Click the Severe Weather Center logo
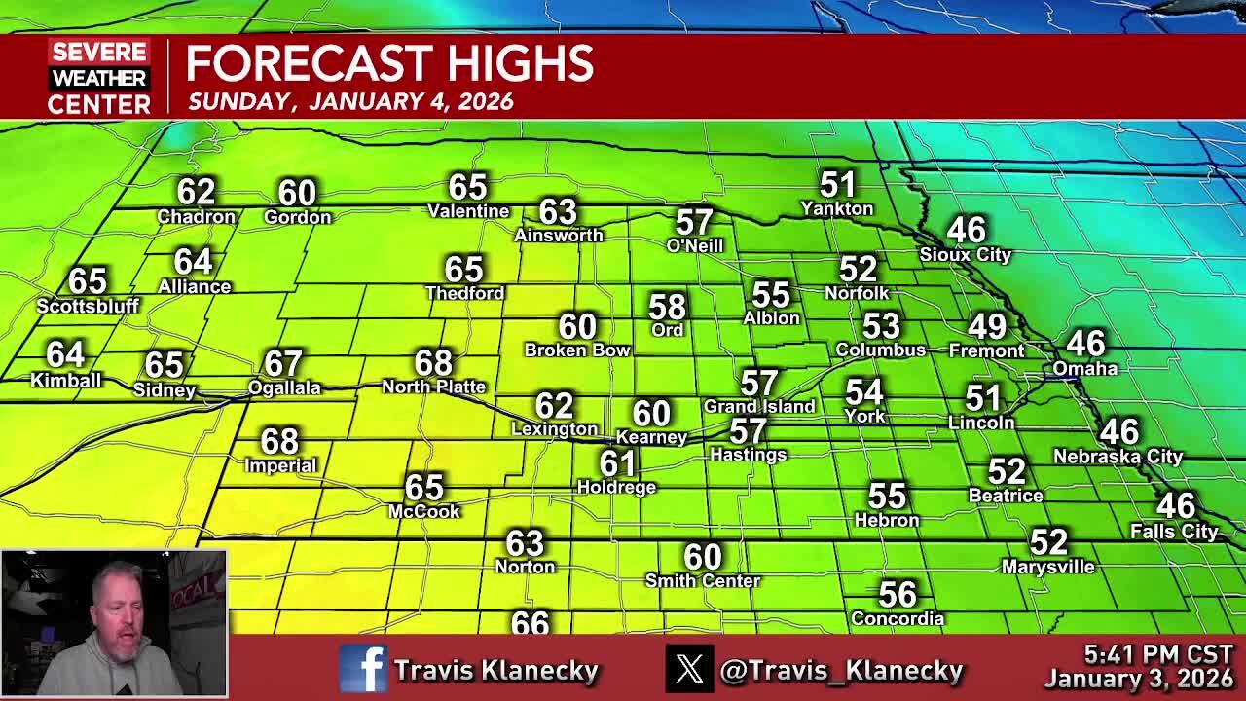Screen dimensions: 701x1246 pos(99,78)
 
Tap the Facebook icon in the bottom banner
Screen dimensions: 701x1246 pos(363,669)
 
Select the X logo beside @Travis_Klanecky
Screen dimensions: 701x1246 pos(689,669)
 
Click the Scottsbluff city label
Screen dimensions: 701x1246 pos(88,306)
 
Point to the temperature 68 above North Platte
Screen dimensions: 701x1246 pos(433,363)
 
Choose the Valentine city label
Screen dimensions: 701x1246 pos(468,211)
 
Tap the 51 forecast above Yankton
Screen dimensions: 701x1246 pos(837,184)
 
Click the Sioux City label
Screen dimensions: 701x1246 pos(966,255)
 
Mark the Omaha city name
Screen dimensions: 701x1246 pos(1084,369)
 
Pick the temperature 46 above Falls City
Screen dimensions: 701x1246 pos(1175,506)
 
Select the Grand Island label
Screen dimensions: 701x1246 pos(759,407)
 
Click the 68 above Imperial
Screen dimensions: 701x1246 pos(279,442)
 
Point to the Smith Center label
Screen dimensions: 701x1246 pos(703,581)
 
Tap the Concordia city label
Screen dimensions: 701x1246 pos(898,619)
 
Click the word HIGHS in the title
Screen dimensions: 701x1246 pos(520,64)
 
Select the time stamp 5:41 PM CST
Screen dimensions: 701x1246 pos(1158,654)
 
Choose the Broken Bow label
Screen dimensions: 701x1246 pos(577,350)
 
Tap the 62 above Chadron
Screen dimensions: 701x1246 pos(196,192)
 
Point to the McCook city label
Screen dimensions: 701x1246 pos(423,512)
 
